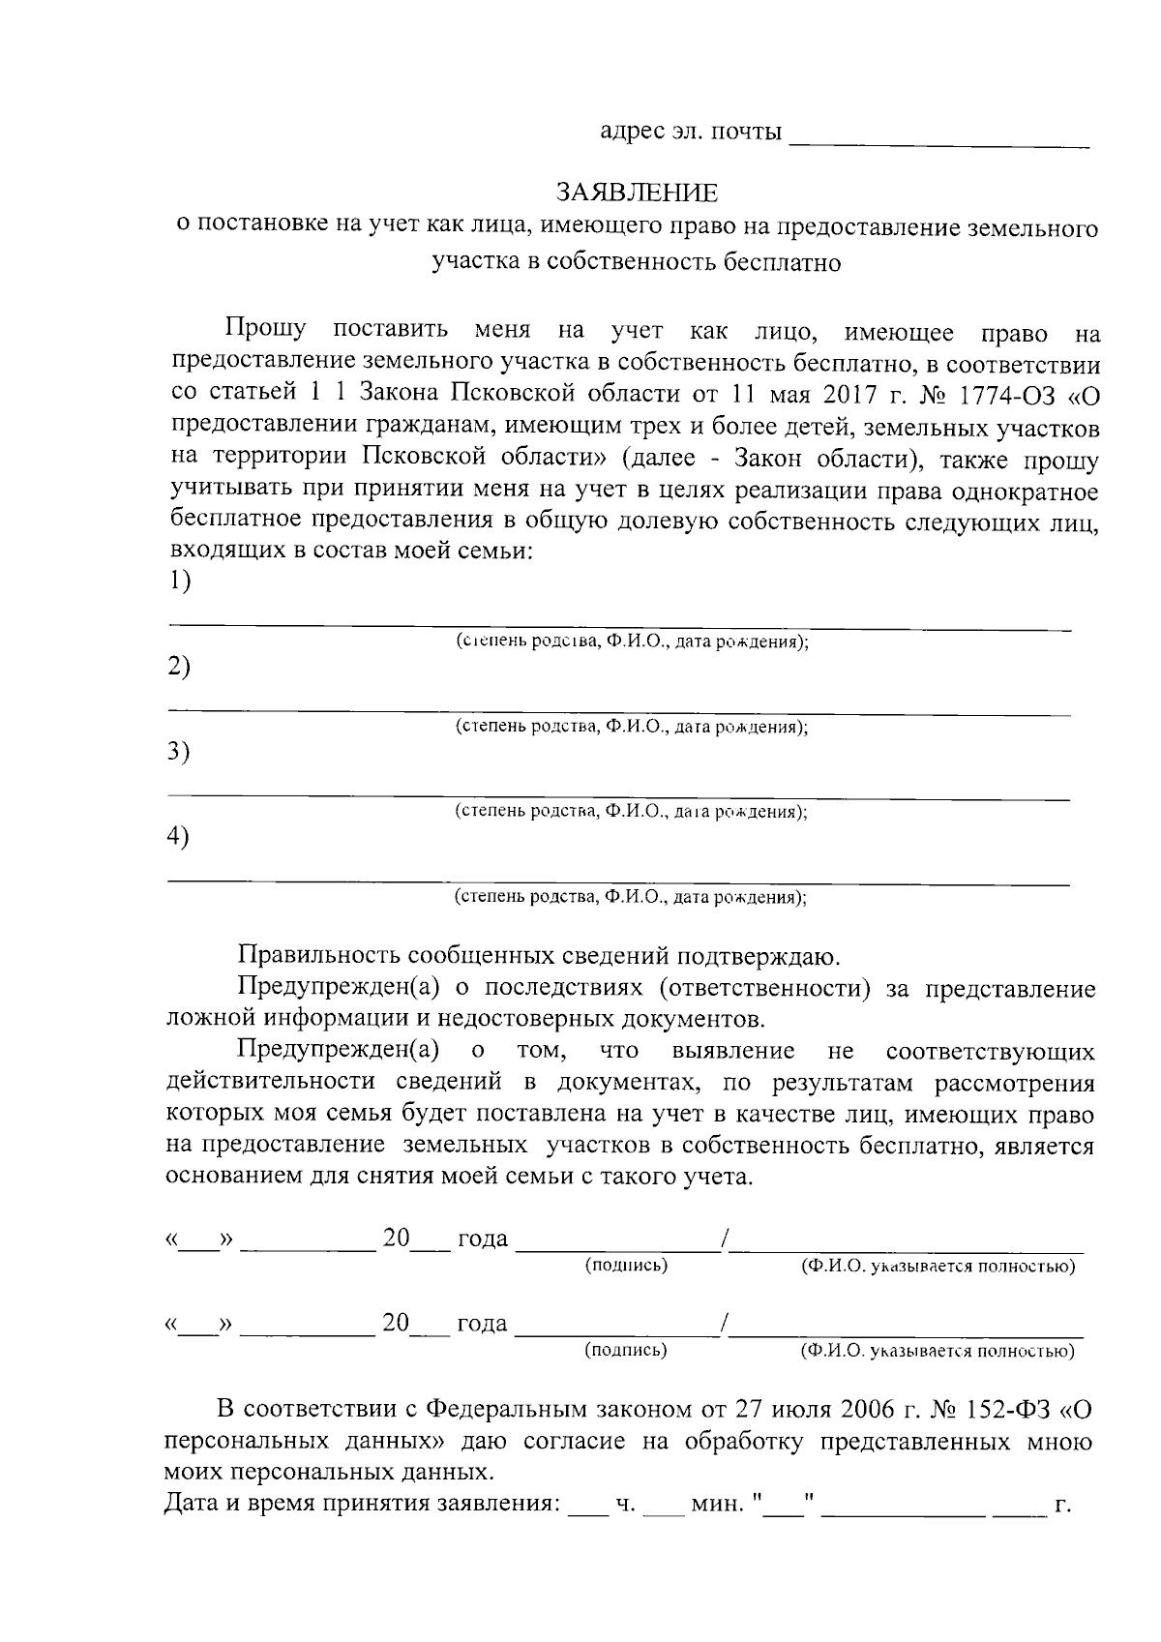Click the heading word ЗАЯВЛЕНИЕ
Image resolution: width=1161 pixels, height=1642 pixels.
click(636, 193)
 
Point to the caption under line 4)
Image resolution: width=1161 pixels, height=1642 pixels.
click(631, 897)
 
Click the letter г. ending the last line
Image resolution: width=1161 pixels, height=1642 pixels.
click(1061, 1505)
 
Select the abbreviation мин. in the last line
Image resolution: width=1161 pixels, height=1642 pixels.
click(715, 1505)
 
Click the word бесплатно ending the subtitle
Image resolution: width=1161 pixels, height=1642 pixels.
click(783, 261)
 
